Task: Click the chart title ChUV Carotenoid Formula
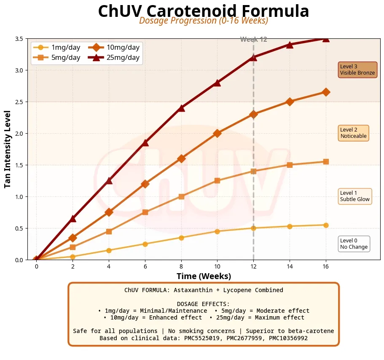[x=204, y=11]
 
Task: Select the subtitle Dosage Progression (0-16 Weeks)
[x=204, y=21]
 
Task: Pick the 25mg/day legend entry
[x=114, y=58]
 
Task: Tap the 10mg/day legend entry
[x=114, y=48]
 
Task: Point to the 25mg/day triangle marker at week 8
[x=181, y=108]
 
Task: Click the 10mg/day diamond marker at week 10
[x=217, y=133]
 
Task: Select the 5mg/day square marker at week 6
[x=145, y=212]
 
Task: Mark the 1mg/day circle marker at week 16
[x=326, y=225]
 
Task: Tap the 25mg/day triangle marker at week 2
[x=73, y=218]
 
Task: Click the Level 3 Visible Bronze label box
[x=357, y=70]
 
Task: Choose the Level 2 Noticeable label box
[x=353, y=133]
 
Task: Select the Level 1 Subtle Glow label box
[x=355, y=196]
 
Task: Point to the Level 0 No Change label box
[x=354, y=244]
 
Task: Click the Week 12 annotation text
[x=254, y=40]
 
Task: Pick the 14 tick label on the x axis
[x=290, y=266]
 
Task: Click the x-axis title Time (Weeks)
[x=204, y=277]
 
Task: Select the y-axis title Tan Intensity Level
[x=8, y=149]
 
